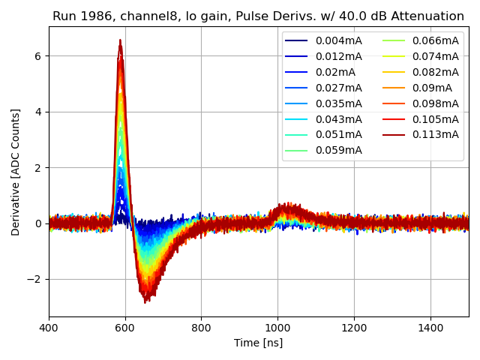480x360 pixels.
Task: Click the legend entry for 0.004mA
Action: click(x=334, y=40)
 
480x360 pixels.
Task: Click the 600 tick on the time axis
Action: click(x=125, y=328)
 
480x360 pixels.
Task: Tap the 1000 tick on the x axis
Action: click(x=277, y=328)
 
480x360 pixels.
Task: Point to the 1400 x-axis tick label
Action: click(x=430, y=328)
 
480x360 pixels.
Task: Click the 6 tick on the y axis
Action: click(x=38, y=56)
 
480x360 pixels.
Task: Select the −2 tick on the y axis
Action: click(x=34, y=279)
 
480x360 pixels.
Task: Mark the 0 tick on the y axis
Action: click(x=38, y=223)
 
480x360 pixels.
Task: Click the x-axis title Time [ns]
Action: click(x=259, y=343)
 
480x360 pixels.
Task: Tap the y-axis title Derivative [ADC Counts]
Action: click(x=16, y=172)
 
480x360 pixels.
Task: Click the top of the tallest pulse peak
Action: click(x=120, y=40)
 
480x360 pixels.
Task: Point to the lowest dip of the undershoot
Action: click(x=145, y=301)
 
